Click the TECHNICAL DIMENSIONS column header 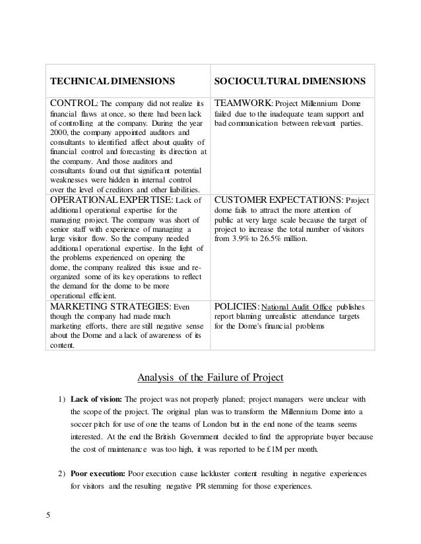[111, 82]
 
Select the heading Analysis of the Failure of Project [210, 377]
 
